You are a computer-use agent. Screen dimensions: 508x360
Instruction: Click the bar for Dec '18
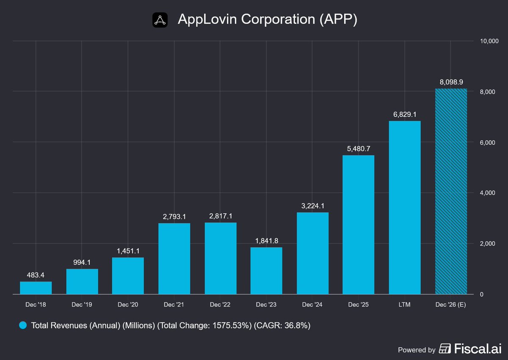(36, 288)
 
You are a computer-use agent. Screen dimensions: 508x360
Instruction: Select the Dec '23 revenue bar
(266, 270)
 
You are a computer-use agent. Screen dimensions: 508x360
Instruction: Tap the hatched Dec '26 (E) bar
(451, 191)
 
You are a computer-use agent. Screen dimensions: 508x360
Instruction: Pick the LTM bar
(405, 208)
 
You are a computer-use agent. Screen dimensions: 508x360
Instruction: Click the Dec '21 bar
(174, 259)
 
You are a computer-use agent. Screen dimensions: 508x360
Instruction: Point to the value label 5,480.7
(359, 148)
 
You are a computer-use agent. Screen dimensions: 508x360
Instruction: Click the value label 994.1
(82, 262)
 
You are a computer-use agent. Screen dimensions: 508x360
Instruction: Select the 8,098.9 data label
(451, 82)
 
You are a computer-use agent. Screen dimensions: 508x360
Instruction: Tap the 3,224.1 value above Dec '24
(313, 206)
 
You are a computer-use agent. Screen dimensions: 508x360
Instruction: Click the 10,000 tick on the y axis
(489, 41)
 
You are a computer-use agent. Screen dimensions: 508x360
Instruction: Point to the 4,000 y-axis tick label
(487, 193)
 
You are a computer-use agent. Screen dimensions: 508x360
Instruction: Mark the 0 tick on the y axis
(482, 294)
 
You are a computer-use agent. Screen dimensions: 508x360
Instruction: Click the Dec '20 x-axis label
(128, 305)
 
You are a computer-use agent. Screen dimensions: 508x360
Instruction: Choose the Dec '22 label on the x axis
(220, 305)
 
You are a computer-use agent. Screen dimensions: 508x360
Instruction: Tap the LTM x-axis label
(405, 305)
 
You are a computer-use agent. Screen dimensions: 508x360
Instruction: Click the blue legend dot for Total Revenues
(23, 325)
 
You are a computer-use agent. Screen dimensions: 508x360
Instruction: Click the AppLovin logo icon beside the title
(160, 20)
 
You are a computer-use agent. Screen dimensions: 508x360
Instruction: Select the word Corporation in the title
(278, 19)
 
